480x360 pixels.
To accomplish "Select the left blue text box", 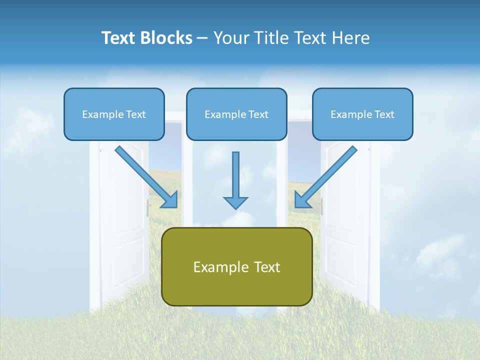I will coord(114,114).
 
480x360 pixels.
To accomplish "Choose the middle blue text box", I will coord(236,114).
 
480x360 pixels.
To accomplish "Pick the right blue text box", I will coord(362,114).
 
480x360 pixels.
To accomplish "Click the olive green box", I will coord(237,266).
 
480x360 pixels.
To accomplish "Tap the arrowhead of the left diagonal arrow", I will coord(170,200).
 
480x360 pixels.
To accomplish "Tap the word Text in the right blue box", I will coord(384,114).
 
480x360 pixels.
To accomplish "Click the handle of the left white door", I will coord(148,206).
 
